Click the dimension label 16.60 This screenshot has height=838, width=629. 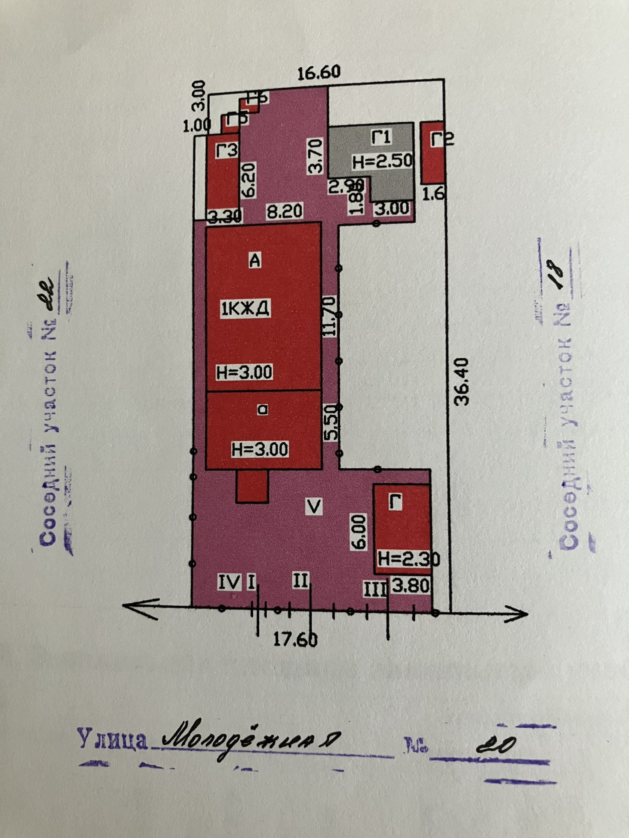(x=319, y=73)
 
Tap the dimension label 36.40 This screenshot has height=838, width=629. (x=462, y=381)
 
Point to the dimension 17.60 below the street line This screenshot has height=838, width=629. (x=295, y=639)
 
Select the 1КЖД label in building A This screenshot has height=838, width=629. (x=245, y=308)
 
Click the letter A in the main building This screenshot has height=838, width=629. (x=255, y=260)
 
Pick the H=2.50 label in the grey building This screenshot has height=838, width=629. (x=382, y=161)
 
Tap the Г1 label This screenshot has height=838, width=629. (x=381, y=137)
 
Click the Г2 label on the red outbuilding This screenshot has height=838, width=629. (x=442, y=139)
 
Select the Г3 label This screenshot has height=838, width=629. (x=227, y=150)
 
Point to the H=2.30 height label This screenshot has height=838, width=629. (x=409, y=558)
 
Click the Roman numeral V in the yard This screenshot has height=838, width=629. (x=314, y=507)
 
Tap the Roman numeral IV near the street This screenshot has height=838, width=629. (x=229, y=582)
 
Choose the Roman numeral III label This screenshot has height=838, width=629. (x=375, y=590)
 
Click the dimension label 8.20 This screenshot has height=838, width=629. (x=284, y=211)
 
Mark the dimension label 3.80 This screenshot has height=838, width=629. (x=410, y=586)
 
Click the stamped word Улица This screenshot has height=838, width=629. (x=112, y=740)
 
